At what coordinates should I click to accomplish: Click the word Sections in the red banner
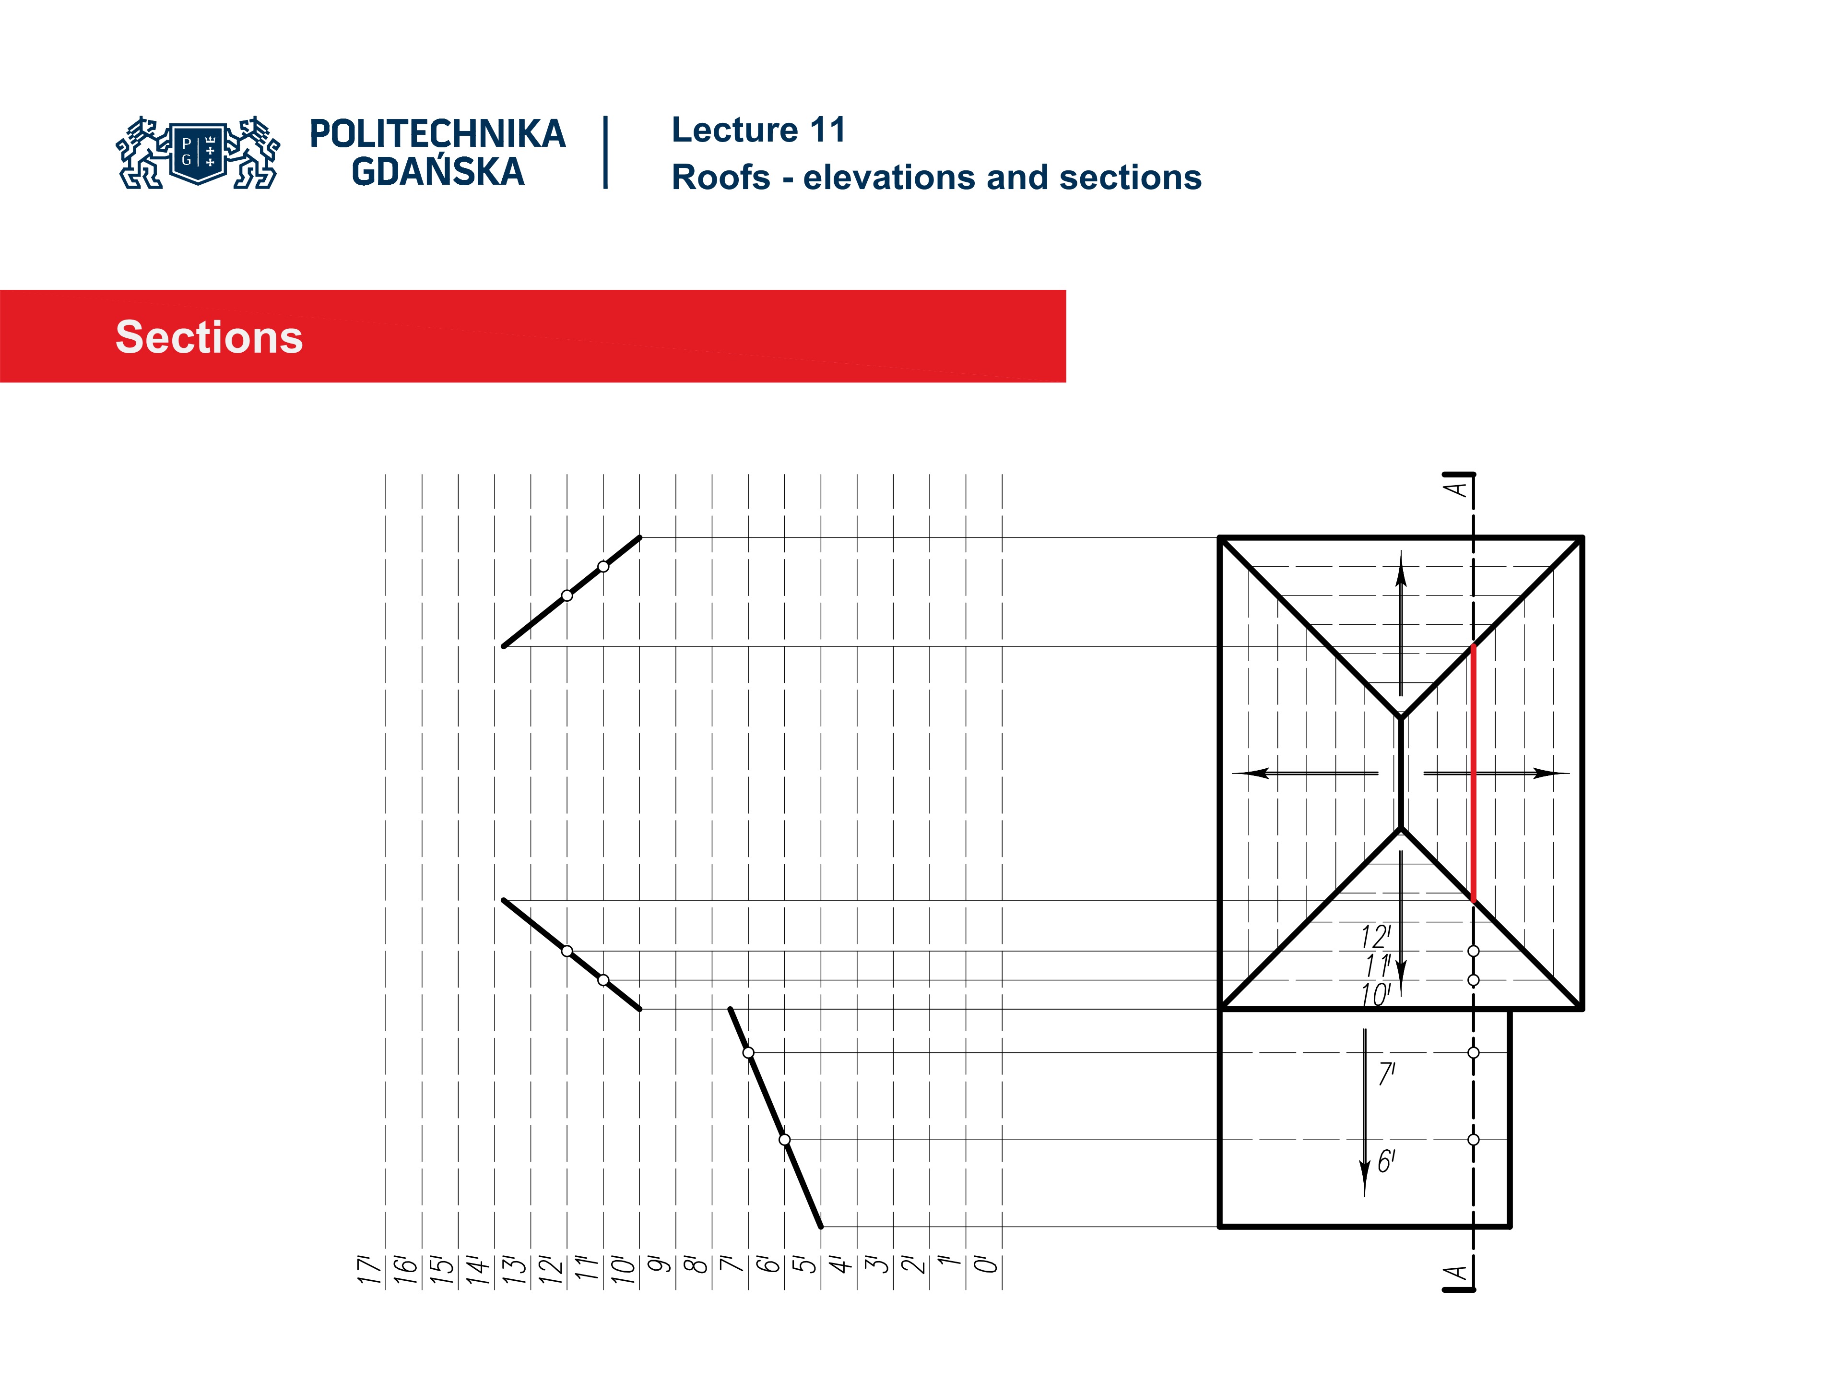(209, 337)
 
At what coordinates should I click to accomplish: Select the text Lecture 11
(758, 130)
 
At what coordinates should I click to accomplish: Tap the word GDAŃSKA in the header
(438, 172)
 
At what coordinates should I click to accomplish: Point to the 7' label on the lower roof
(1386, 1074)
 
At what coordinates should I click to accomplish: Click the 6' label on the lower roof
(1386, 1161)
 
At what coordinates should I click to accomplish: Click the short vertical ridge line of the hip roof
(1402, 773)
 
